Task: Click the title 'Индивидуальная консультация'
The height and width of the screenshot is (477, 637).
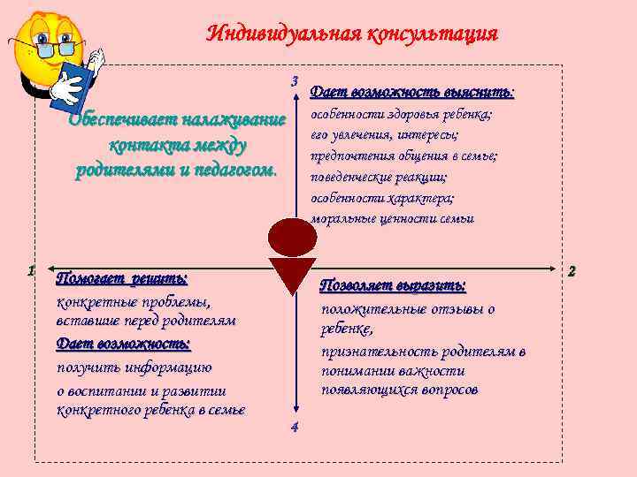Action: coord(352,34)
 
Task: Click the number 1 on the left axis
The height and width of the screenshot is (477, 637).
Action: coord(30,270)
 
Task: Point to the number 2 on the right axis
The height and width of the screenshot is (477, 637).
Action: coord(572,270)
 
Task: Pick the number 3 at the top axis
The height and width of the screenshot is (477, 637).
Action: coord(294,81)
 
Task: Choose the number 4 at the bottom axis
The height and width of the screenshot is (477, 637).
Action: coord(294,428)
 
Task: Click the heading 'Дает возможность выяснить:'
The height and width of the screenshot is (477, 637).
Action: coord(412,92)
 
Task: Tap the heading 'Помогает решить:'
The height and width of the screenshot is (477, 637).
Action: coord(121,279)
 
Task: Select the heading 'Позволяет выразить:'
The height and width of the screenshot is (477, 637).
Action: coord(393,286)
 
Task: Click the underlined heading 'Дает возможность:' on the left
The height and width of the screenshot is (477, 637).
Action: coord(123,343)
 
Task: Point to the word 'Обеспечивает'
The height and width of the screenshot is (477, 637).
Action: coord(120,120)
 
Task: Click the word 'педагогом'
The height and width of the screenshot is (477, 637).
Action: coord(234,169)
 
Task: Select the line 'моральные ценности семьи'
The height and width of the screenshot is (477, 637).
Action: coord(393,219)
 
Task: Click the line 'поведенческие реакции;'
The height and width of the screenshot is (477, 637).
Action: coord(379,177)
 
